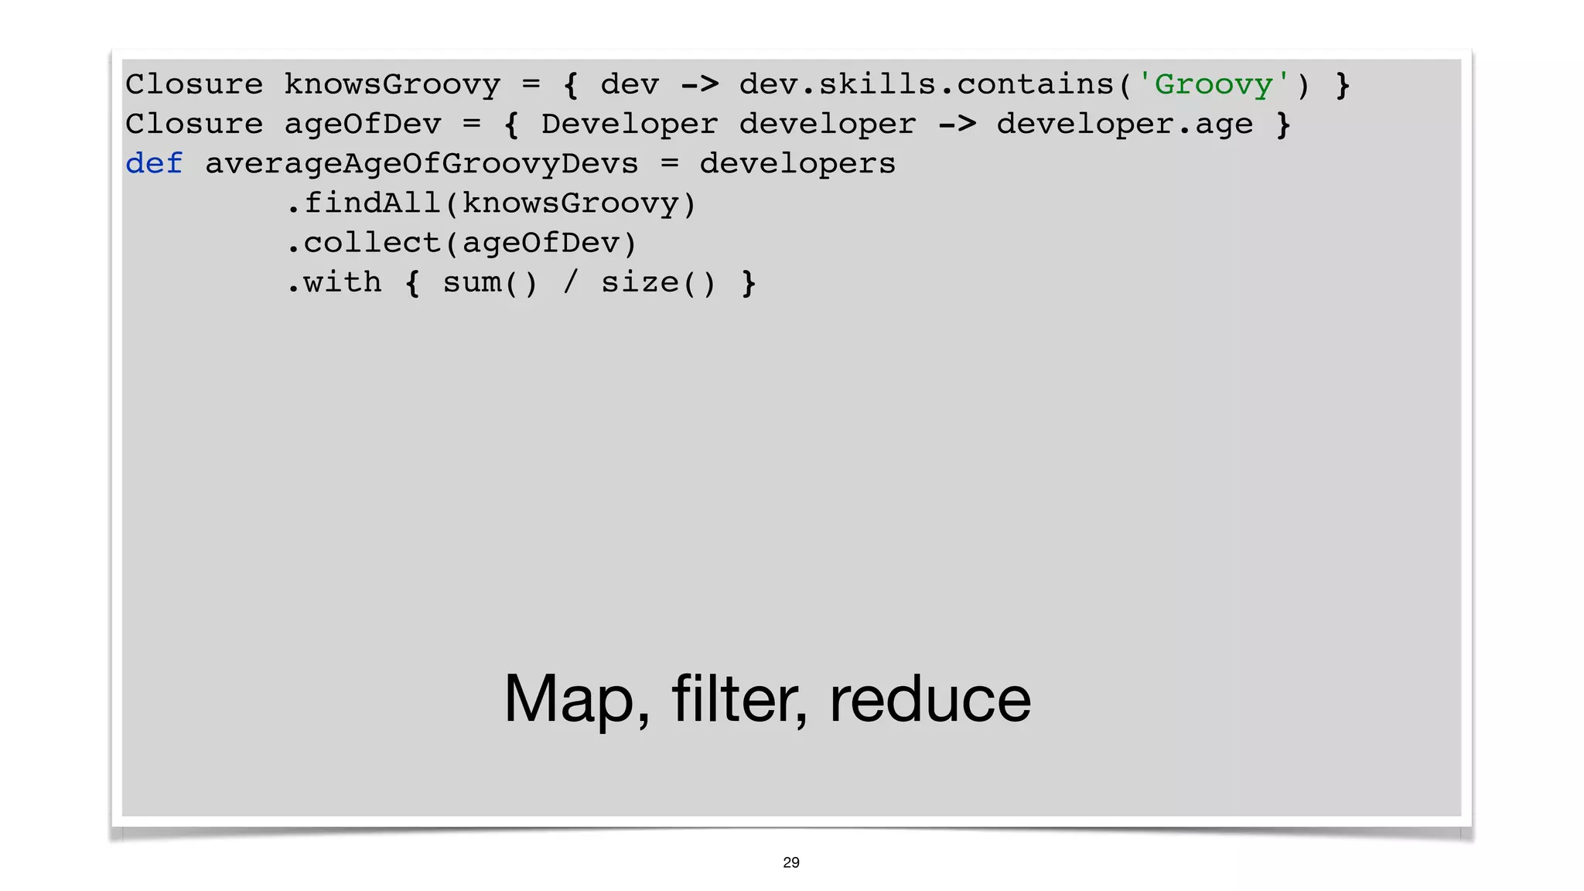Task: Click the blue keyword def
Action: [x=154, y=163]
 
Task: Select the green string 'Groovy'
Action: [x=1213, y=84]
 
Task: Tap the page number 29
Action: [x=791, y=862]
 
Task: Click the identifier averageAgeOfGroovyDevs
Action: [x=422, y=164]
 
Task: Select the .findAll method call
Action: [x=364, y=203]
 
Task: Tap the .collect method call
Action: [x=364, y=243]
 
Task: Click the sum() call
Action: [x=490, y=283]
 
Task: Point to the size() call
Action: [x=658, y=283]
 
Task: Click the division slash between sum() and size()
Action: [x=571, y=283]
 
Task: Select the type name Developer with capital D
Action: [x=630, y=124]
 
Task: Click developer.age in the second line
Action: [x=1124, y=124]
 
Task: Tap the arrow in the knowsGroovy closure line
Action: [x=699, y=84]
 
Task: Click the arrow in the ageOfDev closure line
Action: [x=957, y=124]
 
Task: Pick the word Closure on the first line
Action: [x=194, y=84]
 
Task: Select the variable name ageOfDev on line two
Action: [x=363, y=124]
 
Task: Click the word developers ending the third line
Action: [x=797, y=164]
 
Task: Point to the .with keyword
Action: [x=334, y=283]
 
